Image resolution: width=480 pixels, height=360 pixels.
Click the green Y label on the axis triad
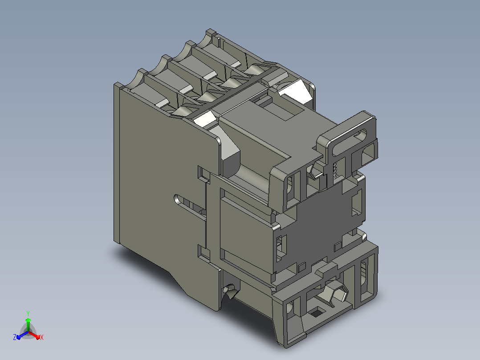[x=28, y=313]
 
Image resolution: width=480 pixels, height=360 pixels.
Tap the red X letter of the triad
[x=42, y=337]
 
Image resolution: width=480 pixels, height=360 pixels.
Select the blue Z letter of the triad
[x=15, y=337]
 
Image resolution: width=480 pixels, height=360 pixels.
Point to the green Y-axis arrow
[x=28, y=325]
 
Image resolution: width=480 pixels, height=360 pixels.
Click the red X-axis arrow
[x=34, y=335]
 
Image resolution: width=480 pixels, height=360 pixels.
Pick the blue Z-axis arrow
[x=22, y=335]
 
